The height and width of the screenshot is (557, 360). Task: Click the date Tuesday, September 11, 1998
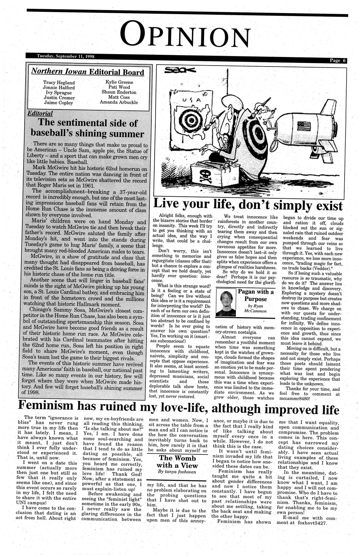pos(66,56)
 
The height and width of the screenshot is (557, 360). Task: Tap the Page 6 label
pos(337,60)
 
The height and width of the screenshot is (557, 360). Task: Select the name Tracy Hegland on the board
pos(59,83)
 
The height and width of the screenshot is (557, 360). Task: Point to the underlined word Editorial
pos(40,114)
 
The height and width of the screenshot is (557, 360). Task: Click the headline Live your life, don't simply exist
pos(248,205)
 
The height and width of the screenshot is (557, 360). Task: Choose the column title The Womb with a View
pos(177,462)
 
